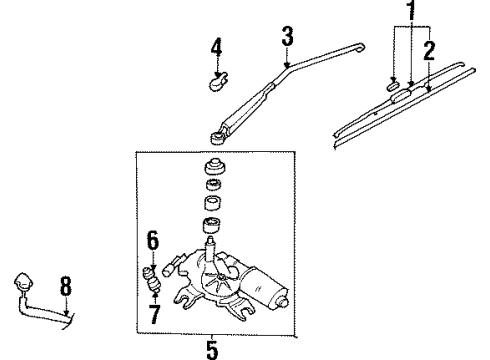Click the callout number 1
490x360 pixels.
(x=412, y=10)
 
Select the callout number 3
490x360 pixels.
(x=287, y=36)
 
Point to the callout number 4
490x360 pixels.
(x=216, y=47)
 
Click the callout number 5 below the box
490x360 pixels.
(x=212, y=350)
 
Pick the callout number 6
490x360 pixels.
(x=153, y=241)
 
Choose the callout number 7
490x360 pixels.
(x=154, y=314)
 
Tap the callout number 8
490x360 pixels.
(x=66, y=286)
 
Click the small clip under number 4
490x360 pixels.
(x=218, y=82)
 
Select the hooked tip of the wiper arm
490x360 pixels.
(x=359, y=47)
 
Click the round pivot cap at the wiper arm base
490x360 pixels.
(x=218, y=137)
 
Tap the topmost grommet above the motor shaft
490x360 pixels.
(x=214, y=167)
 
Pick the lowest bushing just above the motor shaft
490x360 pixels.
(x=213, y=226)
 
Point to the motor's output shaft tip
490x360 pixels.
(x=210, y=240)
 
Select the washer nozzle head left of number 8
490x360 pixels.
(x=24, y=281)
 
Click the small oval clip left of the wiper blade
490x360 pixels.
(x=393, y=85)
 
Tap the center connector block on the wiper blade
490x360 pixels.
(x=401, y=96)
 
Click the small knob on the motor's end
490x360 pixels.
(x=283, y=302)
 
